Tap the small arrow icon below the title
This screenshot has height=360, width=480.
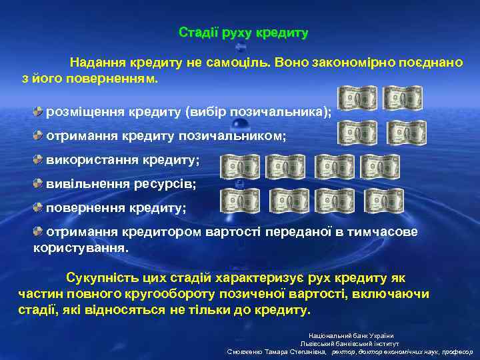coord(241,48)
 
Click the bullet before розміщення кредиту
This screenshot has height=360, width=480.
coord(39,109)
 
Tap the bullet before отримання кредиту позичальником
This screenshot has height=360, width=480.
coord(39,135)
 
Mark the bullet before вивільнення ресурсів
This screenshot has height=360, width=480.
coord(39,182)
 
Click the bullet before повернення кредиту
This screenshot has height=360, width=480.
coord(39,207)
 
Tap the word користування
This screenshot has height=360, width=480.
coord(80,247)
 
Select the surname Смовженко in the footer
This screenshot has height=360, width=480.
coord(250,351)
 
